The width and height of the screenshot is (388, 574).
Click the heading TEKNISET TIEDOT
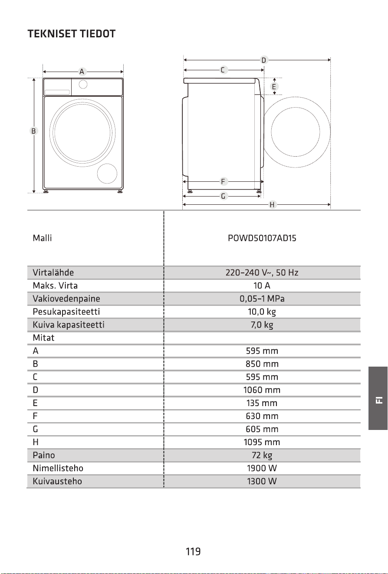(72, 34)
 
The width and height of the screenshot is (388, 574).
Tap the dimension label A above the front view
(82, 72)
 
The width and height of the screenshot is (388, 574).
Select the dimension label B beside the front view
(33, 131)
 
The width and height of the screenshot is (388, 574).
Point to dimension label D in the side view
(263, 60)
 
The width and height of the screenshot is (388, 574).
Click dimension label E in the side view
(274, 87)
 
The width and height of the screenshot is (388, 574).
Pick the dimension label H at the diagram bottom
(272, 205)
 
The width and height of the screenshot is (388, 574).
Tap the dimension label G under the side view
(223, 196)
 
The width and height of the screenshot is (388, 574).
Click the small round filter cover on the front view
(107, 174)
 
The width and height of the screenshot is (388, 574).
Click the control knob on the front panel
(83, 84)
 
